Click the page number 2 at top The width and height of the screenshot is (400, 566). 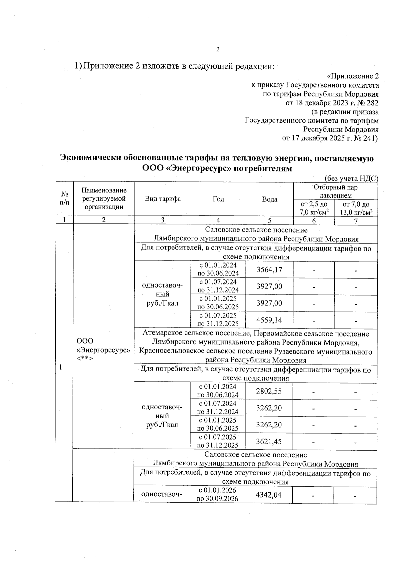pos(218,50)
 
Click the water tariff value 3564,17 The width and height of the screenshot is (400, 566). pos(269,269)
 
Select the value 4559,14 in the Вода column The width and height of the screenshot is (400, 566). pos(269,320)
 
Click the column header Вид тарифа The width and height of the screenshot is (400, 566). pos(163,199)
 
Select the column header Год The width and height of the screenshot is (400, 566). pos(218,199)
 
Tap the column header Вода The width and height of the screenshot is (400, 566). pos(269,199)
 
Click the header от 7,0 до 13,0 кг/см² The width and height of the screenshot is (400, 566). pos(356,208)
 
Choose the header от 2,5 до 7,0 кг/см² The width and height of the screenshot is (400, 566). pos(314,208)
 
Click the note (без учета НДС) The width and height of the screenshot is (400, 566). pos(351,178)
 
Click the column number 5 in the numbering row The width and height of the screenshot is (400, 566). pos(269,220)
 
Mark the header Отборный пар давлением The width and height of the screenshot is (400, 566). pos(335,191)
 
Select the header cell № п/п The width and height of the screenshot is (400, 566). pos(64,199)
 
